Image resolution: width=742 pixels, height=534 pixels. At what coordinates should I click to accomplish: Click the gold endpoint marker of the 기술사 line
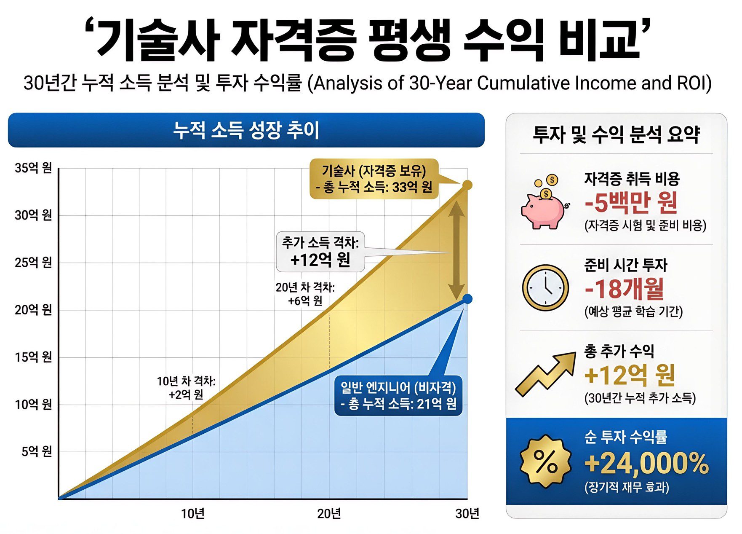pyautogui.click(x=467, y=185)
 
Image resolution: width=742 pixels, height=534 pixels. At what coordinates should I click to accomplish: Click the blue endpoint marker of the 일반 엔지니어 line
pyautogui.click(x=467, y=299)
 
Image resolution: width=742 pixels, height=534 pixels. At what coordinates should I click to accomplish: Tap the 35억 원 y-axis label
pyautogui.click(x=33, y=168)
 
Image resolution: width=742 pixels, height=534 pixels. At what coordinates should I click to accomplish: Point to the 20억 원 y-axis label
pyautogui.click(x=33, y=310)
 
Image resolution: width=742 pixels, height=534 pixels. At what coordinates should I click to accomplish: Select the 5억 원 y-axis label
pyautogui.click(x=37, y=452)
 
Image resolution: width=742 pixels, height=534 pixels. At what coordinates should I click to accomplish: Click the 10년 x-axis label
pyautogui.click(x=192, y=514)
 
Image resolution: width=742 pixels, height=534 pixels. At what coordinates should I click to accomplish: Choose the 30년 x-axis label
pyautogui.click(x=467, y=514)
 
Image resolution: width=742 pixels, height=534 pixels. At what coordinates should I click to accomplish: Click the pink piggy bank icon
pyautogui.click(x=543, y=207)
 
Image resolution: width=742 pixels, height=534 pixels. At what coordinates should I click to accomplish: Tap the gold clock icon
pyautogui.click(x=545, y=287)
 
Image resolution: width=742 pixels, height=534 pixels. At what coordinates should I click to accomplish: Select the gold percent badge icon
pyautogui.click(x=545, y=462)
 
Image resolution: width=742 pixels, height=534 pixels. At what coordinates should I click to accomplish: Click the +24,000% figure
pyautogui.click(x=646, y=463)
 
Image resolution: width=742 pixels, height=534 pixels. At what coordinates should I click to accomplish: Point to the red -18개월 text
pyautogui.click(x=625, y=289)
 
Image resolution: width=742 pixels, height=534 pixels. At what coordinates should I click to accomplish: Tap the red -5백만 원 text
pyautogui.click(x=631, y=203)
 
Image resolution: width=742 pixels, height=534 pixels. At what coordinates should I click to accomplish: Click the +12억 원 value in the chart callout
pyautogui.click(x=320, y=260)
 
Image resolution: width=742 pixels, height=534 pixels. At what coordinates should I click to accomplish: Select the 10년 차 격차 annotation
pyautogui.click(x=186, y=387)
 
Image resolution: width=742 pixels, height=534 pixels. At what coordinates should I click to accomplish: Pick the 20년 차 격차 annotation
pyautogui.click(x=305, y=294)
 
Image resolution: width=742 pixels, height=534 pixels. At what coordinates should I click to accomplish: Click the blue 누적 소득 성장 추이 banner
pyautogui.click(x=246, y=130)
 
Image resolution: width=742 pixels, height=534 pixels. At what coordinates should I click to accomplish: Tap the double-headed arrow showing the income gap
pyautogui.click(x=456, y=250)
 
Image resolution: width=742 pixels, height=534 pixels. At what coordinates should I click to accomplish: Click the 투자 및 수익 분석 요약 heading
pyautogui.click(x=616, y=135)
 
